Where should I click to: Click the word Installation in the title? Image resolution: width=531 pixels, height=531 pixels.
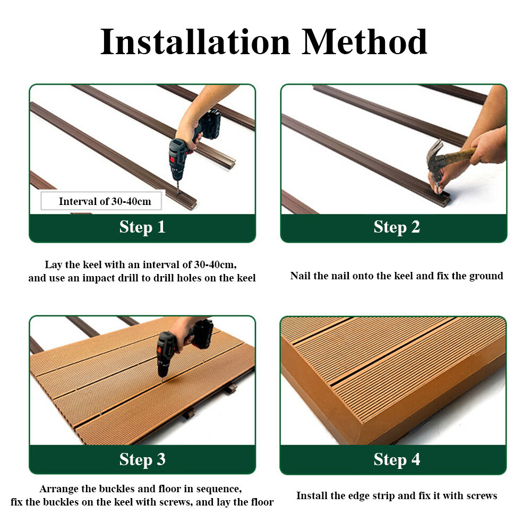pyautogui.click(x=195, y=42)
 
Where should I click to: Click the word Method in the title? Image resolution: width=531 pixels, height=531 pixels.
pyautogui.click(x=364, y=42)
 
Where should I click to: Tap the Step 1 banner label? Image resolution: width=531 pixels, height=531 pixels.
pyautogui.click(x=142, y=227)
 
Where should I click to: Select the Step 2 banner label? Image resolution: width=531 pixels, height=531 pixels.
pyautogui.click(x=397, y=227)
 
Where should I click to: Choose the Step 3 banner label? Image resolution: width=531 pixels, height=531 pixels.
pyautogui.click(x=142, y=459)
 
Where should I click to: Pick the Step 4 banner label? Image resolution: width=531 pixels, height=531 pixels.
pyautogui.click(x=397, y=459)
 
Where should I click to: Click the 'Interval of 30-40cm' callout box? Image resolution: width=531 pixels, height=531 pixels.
pyautogui.click(x=101, y=201)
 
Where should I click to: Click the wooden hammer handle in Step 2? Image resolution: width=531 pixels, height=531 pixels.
pyautogui.click(x=459, y=155)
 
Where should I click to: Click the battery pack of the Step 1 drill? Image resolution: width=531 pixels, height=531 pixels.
pyautogui.click(x=210, y=124)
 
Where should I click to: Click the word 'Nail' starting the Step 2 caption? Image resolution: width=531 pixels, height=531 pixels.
pyautogui.click(x=301, y=276)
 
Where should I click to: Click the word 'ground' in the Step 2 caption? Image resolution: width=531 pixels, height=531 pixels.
pyautogui.click(x=486, y=276)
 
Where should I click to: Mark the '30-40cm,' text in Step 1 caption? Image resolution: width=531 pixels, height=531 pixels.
pyautogui.click(x=216, y=265)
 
